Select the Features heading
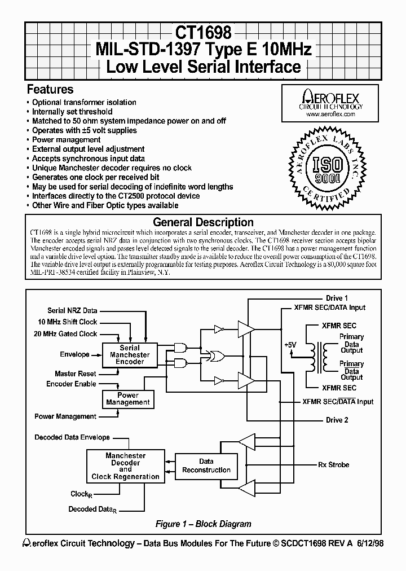[x=50, y=89]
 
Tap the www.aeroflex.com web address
[x=330, y=114]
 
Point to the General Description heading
[x=203, y=222]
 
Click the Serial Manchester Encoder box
[x=130, y=355]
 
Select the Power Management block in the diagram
[x=128, y=399]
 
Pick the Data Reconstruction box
[x=206, y=466]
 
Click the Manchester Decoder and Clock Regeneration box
[x=125, y=466]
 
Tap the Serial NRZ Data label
[x=72, y=311]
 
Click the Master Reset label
[x=75, y=374]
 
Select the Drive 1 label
[x=337, y=298]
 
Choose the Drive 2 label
[x=337, y=420]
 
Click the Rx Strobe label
[x=333, y=465]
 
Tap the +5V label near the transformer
[x=290, y=344]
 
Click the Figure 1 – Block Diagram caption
[x=203, y=524]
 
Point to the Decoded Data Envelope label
[x=72, y=437]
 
